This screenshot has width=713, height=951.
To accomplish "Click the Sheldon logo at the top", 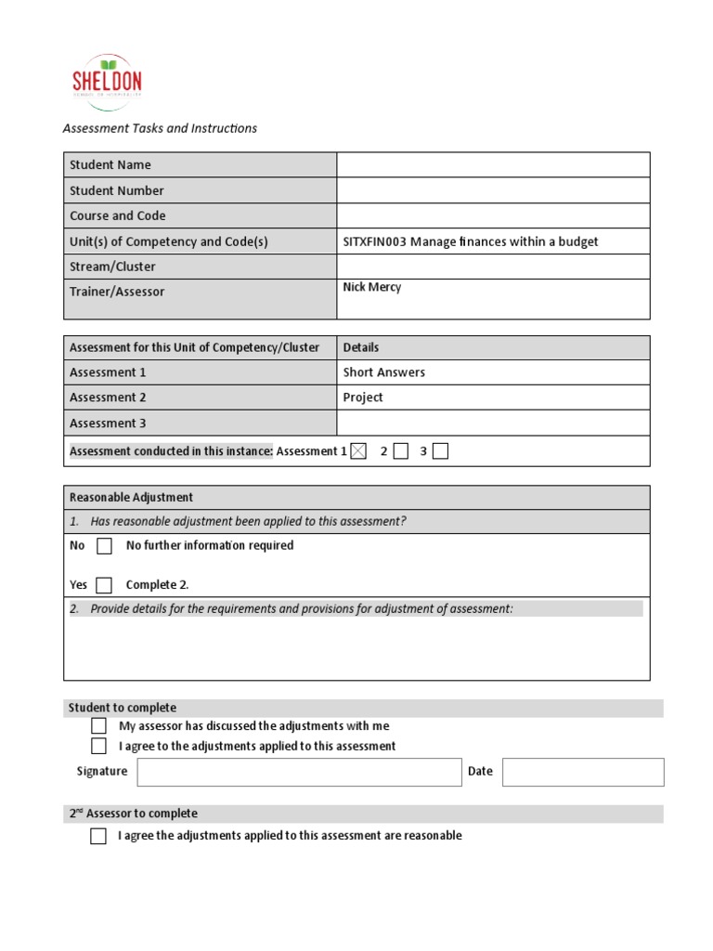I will point(107,83).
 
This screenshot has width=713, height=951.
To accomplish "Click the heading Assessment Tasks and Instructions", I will point(160,128).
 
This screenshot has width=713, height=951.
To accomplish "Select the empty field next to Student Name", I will point(493,164).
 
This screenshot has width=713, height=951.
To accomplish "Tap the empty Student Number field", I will point(493,190).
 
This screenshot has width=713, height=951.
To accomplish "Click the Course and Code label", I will point(118,215).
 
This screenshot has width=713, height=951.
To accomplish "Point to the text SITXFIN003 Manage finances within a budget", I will point(471,241).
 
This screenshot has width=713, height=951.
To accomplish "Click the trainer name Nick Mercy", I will point(372,288).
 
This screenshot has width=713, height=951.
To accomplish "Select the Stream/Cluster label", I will point(112,267).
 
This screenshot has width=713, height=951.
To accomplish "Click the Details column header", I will point(361,347).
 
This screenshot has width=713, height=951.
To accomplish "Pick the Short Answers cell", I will point(384,372).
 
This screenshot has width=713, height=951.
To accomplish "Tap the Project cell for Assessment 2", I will point(363,397).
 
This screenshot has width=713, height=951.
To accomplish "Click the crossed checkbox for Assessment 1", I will point(358,451).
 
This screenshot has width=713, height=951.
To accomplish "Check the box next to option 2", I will point(400,451).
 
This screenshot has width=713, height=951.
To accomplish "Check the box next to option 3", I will point(440,451).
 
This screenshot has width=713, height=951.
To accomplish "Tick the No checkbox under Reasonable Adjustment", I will point(104,546).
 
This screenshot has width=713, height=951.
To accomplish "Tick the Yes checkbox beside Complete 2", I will point(104,585).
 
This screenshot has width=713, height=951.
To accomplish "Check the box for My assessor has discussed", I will point(99,726).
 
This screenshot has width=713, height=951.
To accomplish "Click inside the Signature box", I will point(299,772).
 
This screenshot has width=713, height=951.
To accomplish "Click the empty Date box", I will point(583,772).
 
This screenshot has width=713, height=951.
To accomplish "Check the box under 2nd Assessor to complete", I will point(98,836).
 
